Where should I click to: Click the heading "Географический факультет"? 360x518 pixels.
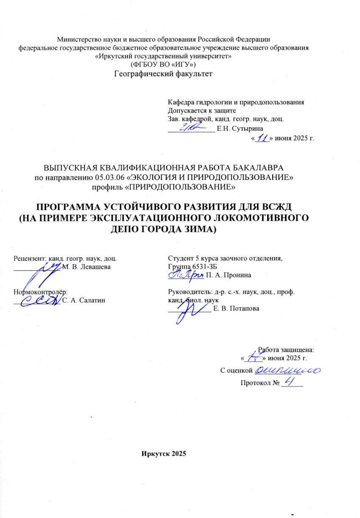(x=163, y=74)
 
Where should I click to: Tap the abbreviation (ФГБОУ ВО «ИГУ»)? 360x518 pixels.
(x=163, y=64)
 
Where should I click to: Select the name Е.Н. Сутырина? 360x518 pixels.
(x=240, y=128)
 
